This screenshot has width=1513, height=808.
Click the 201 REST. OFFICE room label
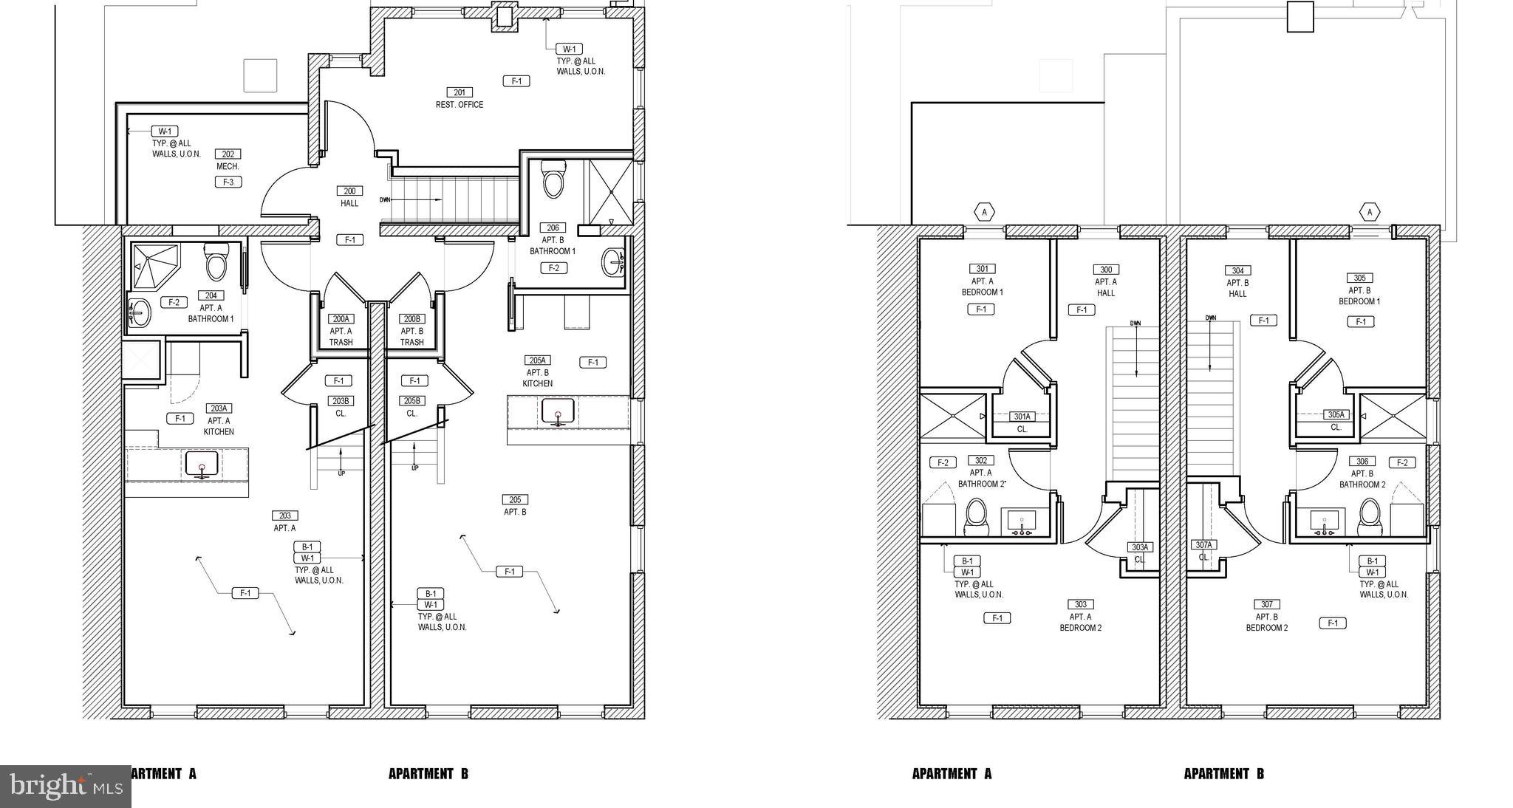[460, 98]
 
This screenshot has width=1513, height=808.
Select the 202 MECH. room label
[228, 160]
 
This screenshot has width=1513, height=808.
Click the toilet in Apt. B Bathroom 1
[553, 179]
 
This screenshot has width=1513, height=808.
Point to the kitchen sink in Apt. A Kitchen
[201, 465]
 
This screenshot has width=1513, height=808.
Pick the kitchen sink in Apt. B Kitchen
[558, 411]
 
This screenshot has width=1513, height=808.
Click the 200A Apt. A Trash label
[341, 330]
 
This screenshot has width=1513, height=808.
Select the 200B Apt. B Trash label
[411, 330]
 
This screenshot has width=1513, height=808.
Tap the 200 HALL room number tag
[349, 191]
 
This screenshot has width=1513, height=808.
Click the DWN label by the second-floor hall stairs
[385, 199]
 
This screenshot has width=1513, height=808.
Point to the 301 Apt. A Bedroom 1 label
[982, 280]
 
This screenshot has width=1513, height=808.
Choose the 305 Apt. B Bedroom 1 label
[1359, 290]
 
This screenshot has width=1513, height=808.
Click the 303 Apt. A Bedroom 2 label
[1081, 615]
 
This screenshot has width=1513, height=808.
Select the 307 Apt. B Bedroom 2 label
[1266, 615]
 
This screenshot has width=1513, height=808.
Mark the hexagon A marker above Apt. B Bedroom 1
[1370, 212]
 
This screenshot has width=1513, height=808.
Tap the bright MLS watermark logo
[65, 786]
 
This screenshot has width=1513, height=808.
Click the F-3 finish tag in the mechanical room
[228, 182]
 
